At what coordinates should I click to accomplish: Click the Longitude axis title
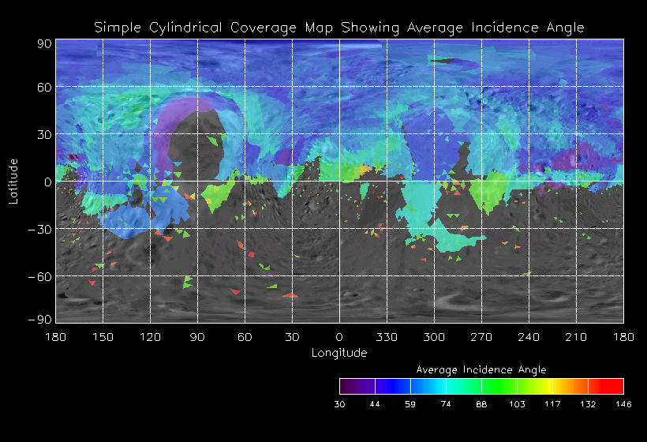point(339,353)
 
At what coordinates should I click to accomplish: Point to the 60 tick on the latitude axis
point(43,88)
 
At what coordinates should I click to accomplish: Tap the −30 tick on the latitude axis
point(39,229)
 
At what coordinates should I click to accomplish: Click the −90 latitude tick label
point(39,319)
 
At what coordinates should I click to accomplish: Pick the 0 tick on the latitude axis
point(47,182)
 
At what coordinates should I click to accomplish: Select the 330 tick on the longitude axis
point(387,336)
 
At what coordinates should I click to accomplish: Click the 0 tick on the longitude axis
point(339,336)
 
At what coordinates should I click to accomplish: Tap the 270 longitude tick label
point(481,336)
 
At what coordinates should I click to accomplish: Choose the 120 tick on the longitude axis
point(150,336)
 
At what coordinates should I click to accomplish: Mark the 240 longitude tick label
point(529,336)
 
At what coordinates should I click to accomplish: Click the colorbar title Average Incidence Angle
point(481,369)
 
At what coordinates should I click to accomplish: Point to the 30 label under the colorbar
point(340,403)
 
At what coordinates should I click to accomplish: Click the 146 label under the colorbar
point(623,403)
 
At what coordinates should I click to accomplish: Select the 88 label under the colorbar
point(481,403)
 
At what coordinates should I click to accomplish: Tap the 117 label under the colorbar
point(552,403)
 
